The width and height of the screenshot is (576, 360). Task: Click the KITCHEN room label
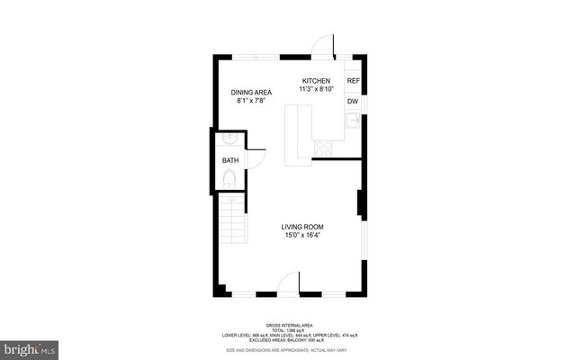(315, 81)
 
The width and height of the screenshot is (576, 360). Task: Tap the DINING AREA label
(251, 92)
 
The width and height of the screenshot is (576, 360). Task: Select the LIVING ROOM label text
(301, 227)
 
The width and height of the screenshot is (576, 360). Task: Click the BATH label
(231, 161)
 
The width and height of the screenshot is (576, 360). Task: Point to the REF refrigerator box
(354, 81)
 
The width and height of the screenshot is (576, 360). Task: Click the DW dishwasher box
(354, 102)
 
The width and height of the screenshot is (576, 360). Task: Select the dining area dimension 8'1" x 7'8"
(251, 101)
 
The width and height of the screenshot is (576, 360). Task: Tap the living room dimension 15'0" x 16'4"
(301, 236)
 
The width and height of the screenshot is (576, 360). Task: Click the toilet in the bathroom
(229, 180)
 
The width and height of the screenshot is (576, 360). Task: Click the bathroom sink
(229, 140)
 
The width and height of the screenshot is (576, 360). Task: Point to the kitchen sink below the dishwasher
(354, 120)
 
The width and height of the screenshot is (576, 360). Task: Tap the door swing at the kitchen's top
(324, 47)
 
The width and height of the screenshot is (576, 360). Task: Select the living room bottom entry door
(288, 285)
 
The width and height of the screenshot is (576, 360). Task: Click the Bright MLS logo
(30, 346)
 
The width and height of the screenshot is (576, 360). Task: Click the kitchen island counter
(298, 135)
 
